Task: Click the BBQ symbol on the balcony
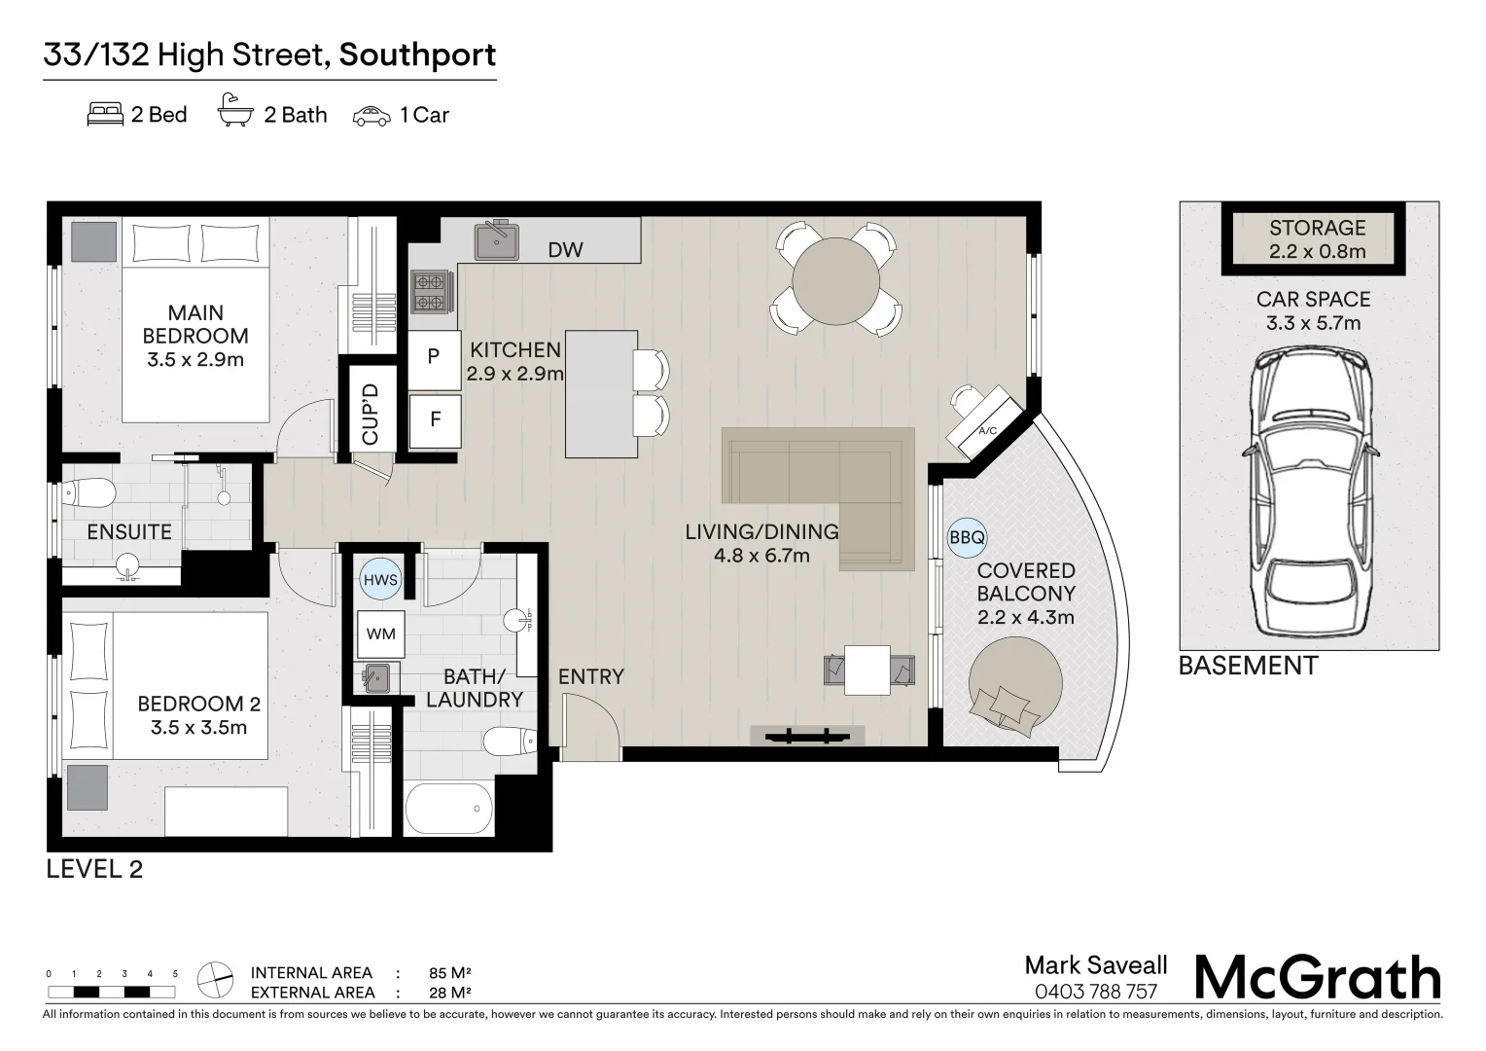click(x=967, y=536)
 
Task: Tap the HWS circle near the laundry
click(x=379, y=580)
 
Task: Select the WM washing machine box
click(x=380, y=634)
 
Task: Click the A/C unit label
click(x=987, y=430)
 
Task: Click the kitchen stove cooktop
click(x=431, y=292)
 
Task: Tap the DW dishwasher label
click(x=565, y=250)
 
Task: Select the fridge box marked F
click(x=435, y=420)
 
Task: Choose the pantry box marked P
click(x=434, y=357)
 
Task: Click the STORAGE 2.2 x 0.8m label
click(x=1317, y=239)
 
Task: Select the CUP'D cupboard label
click(x=371, y=414)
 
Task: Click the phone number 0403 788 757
click(x=1096, y=992)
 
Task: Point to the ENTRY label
click(x=590, y=676)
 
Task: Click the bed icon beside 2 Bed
click(x=105, y=115)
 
